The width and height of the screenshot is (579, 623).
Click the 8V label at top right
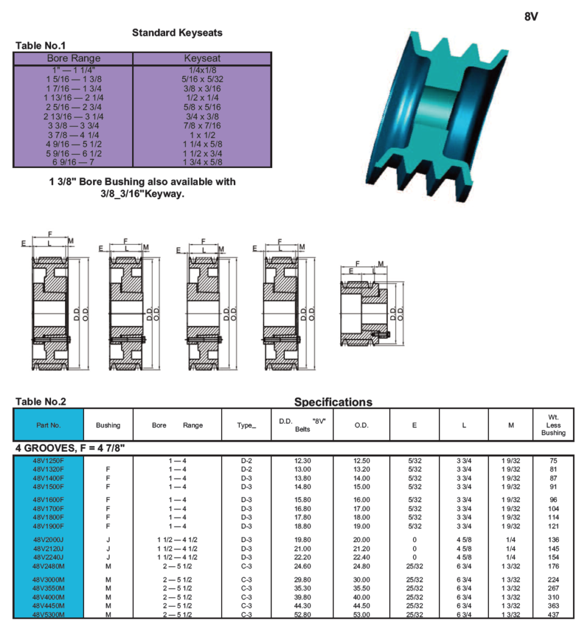[x=531, y=16]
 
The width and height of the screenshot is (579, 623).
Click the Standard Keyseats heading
[x=177, y=33]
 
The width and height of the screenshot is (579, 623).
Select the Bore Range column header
[x=74, y=58]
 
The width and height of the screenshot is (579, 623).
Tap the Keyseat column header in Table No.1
[x=202, y=58]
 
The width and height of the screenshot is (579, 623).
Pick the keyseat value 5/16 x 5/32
[x=202, y=79]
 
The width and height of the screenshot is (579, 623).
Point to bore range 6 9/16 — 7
[x=74, y=162]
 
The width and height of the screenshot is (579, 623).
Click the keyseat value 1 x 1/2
[x=202, y=135]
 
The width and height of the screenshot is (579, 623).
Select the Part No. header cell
[x=49, y=425]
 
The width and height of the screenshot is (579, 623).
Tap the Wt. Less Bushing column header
[x=553, y=425]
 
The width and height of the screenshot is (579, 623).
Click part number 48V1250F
[x=49, y=461]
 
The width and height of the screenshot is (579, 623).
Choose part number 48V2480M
[x=49, y=566]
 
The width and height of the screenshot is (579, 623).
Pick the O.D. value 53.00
[x=362, y=614]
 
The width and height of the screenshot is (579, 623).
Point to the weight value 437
[x=553, y=614]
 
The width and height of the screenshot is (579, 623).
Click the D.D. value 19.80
[x=303, y=540]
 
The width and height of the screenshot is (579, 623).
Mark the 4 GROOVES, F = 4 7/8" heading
[x=70, y=448]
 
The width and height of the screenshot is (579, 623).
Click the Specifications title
[x=333, y=402]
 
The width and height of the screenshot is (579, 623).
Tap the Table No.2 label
[x=41, y=402]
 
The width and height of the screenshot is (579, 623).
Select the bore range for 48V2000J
[x=177, y=540]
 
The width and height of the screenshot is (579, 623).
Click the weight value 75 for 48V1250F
[x=553, y=461]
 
